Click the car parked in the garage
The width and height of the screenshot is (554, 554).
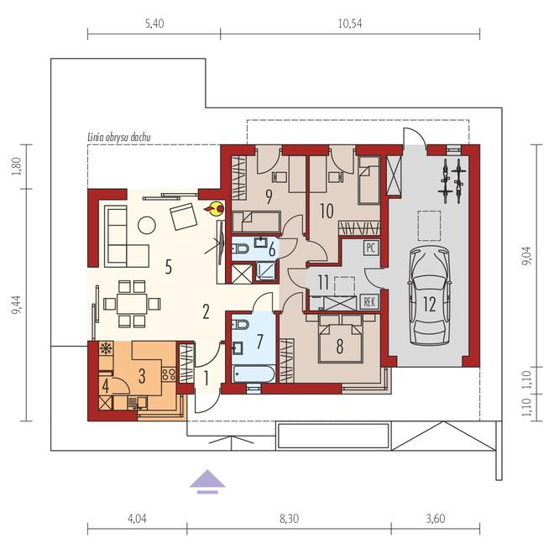coord(429,295)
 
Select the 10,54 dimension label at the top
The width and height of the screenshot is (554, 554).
coord(350,24)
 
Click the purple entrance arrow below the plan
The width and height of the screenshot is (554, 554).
coord(207,481)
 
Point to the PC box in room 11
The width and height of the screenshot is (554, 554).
coord(370,248)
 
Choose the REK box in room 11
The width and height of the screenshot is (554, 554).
coord(369,301)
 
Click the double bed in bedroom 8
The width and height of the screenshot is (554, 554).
coord(341,339)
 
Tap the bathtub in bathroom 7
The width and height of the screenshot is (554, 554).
coord(254,374)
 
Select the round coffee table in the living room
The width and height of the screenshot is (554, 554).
coord(147,225)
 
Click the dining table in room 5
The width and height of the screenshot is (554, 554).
coord(132,303)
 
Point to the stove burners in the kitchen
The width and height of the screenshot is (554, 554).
coord(169,374)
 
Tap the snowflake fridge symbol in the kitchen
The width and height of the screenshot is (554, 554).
coord(106,348)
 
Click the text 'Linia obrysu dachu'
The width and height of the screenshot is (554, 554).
coord(118,137)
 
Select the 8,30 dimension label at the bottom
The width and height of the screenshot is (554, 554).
coord(289,519)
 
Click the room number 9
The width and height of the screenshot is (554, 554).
coord(269,197)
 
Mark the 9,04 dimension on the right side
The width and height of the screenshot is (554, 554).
coord(527,256)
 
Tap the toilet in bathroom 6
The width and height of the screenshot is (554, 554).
coord(240,249)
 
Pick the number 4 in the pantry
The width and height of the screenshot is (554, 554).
coord(105,386)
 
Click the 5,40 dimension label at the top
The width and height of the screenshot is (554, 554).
coord(154,24)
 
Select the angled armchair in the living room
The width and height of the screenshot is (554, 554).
coord(183,216)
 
